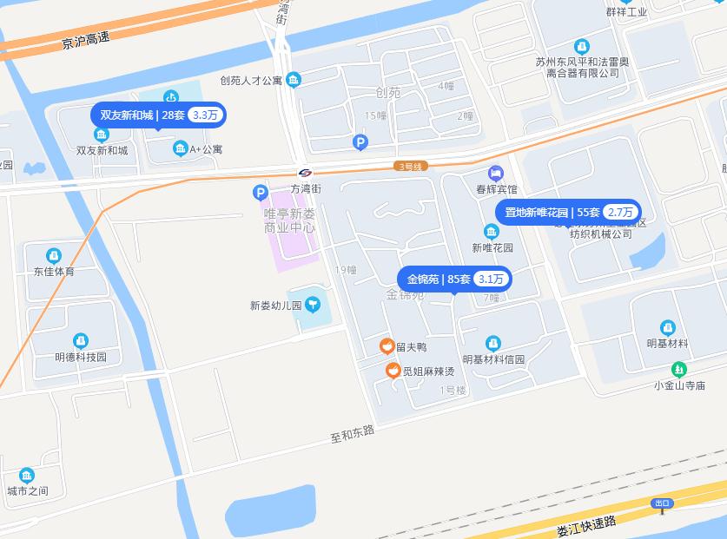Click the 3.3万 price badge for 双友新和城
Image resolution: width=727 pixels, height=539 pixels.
click(207, 115)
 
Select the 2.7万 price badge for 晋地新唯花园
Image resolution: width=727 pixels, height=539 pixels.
click(620, 213)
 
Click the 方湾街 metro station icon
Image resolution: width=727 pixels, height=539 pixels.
click(305, 172)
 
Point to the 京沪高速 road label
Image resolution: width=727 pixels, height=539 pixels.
click(86, 40)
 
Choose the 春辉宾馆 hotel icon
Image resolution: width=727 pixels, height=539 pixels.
click(496, 173)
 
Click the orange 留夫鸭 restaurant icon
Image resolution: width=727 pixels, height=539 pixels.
click(387, 347)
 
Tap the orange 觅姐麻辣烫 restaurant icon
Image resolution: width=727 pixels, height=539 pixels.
click(393, 371)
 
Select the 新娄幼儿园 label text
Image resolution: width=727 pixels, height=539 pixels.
click(275, 306)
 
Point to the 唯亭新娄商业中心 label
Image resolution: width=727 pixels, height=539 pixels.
click(289, 220)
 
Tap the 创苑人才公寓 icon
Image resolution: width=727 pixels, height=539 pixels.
click(294, 80)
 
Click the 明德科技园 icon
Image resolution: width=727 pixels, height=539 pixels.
click(81, 341)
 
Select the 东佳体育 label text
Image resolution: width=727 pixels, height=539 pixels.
click(54, 271)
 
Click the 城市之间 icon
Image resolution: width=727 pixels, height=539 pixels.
click(27, 476)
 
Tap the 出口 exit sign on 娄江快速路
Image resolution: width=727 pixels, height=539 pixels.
click(663, 503)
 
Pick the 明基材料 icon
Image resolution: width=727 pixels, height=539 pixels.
click(667, 328)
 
